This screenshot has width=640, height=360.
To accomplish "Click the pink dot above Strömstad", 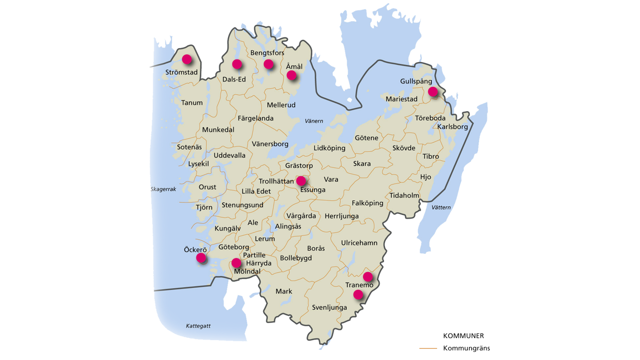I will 187,60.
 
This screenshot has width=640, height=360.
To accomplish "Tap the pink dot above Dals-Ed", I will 237,64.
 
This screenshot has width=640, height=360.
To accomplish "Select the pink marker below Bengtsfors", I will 269,64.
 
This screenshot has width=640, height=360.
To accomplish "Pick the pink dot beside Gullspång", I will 432,91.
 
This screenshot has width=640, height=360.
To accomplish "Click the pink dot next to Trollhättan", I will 301,181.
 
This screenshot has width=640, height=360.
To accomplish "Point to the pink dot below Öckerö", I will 201,258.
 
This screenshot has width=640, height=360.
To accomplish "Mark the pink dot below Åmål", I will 291,75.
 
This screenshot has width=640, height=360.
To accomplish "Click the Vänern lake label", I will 314,121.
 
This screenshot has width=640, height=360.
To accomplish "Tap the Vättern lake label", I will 441,208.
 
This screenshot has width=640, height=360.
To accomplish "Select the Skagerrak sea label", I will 163,189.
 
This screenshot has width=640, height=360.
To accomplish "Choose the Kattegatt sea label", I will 198,326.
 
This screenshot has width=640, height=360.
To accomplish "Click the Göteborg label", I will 234,247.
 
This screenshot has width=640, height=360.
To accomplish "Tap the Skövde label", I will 404,147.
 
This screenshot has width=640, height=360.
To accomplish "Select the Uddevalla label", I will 229,155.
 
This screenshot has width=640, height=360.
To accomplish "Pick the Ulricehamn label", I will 359,243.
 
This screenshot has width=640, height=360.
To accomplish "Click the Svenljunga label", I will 330,307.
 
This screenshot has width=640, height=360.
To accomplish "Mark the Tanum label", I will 192,103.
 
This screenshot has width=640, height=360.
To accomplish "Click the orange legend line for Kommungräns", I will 428,348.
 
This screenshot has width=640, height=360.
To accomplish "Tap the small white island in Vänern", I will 349,101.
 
